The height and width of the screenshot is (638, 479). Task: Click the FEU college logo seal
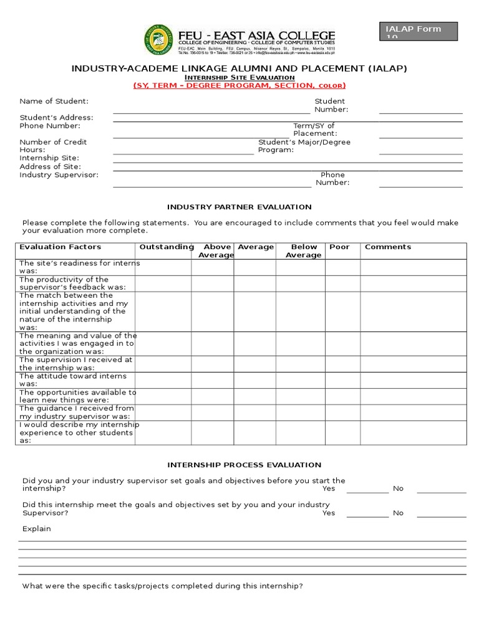(158, 40)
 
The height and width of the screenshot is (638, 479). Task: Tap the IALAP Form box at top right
(419, 31)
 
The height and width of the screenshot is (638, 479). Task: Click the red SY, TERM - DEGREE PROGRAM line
(239, 85)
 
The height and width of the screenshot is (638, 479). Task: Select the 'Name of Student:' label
(54, 101)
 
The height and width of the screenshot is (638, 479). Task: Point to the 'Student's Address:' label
(56, 117)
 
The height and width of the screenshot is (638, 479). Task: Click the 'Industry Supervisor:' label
(59, 174)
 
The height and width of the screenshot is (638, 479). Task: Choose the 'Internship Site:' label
(49, 158)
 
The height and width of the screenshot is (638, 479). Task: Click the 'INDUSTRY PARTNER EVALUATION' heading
(239, 207)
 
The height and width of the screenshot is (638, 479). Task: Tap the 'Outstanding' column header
(166, 247)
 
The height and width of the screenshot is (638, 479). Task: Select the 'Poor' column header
(339, 247)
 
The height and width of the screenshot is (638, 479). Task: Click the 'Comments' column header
(388, 247)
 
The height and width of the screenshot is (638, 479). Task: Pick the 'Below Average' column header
(304, 251)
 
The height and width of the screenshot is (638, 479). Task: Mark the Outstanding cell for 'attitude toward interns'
(163, 380)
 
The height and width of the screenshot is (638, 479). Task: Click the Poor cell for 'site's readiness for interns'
(342, 267)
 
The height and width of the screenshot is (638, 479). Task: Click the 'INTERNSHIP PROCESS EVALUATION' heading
(244, 465)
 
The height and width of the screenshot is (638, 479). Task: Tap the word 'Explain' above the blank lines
(37, 529)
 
